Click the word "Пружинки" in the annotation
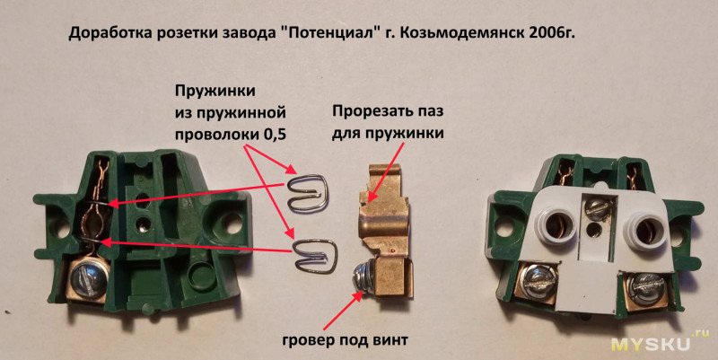pyautogui.click(x=215, y=92)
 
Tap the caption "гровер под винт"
pyautogui.click(x=345, y=341)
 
